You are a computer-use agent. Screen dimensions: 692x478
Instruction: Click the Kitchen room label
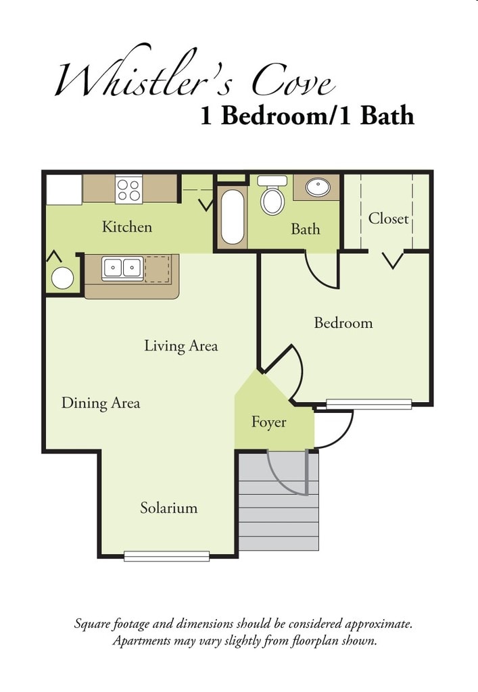click(x=127, y=227)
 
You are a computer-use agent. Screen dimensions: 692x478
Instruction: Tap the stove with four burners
click(x=128, y=189)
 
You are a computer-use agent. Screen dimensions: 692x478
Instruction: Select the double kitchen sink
click(x=122, y=268)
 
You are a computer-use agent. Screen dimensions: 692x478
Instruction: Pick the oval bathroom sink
click(x=317, y=187)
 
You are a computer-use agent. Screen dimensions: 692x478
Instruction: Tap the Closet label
click(x=388, y=219)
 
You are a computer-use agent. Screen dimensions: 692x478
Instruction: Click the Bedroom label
click(x=343, y=323)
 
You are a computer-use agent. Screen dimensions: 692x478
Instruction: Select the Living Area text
click(x=181, y=346)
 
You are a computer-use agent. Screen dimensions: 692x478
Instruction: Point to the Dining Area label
click(x=101, y=403)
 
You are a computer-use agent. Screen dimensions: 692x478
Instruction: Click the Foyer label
click(x=269, y=422)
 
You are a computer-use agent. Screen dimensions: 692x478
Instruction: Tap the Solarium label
click(x=169, y=508)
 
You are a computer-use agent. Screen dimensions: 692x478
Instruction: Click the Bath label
click(x=306, y=229)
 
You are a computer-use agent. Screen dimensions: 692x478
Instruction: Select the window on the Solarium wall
click(x=167, y=556)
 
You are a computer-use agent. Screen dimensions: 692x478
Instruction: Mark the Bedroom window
click(x=369, y=404)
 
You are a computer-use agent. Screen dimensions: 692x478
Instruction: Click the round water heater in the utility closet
click(x=63, y=278)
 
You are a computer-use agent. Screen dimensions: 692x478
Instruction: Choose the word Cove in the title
click(x=293, y=82)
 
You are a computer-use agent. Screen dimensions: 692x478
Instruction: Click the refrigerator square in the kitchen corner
click(x=64, y=189)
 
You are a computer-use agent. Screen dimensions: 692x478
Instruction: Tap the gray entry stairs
click(x=279, y=514)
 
